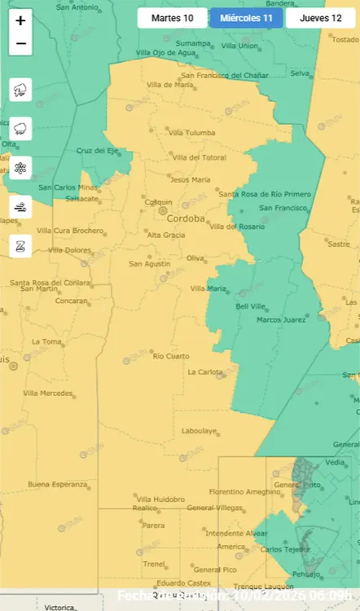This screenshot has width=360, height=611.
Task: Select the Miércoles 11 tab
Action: coord(246,18)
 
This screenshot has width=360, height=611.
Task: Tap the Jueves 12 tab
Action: coord(320,18)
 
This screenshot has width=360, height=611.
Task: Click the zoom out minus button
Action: coord(20,44)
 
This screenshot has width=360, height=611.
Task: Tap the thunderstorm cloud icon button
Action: coord(20,90)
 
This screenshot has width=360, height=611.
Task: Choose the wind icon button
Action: coord(20,207)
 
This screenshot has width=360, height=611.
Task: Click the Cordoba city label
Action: coord(185,219)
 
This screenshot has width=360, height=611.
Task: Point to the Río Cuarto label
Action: coord(170,356)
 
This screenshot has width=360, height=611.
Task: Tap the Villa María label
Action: coord(209,288)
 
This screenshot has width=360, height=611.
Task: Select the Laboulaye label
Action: coord(199,431)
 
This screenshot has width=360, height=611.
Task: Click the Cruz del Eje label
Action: coord(95,151)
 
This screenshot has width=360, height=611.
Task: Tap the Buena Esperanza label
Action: coord(57,485)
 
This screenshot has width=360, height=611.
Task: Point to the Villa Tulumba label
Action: coord(191,133)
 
